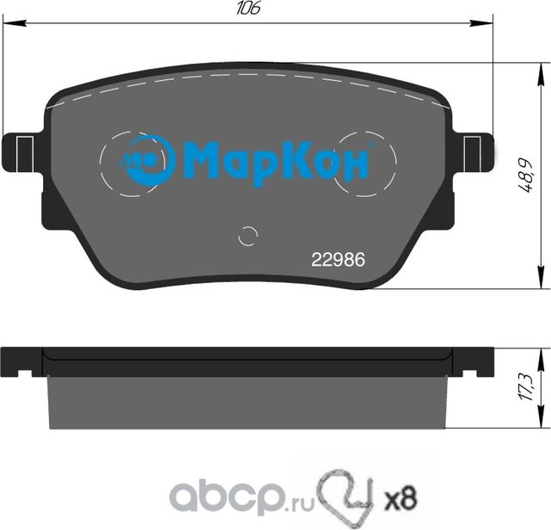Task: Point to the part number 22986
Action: pyautogui.click(x=337, y=258)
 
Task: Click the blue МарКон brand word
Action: pyautogui.click(x=276, y=161)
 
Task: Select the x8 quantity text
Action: pyautogui.click(x=399, y=496)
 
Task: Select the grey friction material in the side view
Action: pyautogui.click(x=249, y=404)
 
